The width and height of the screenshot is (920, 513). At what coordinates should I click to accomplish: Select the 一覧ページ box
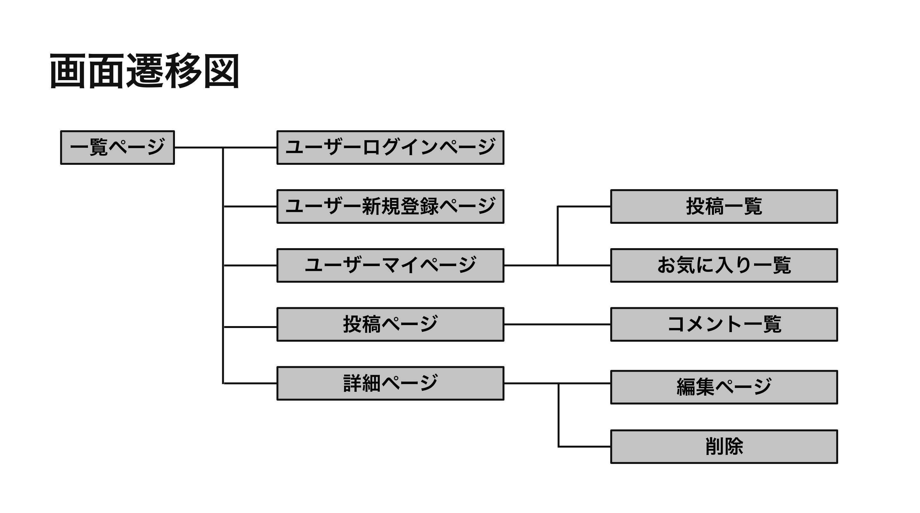(x=117, y=147)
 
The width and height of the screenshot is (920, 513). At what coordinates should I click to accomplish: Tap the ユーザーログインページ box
(x=390, y=147)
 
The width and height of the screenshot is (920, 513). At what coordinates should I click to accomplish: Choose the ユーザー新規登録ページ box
(x=390, y=206)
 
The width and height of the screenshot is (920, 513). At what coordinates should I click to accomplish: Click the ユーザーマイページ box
(x=390, y=265)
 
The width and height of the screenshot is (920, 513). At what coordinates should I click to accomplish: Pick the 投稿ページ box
(x=390, y=324)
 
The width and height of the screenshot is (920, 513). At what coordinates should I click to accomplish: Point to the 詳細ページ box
(x=390, y=383)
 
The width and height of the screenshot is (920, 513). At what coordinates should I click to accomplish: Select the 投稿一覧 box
(x=724, y=206)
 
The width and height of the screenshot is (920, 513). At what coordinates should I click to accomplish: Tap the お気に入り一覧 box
(x=724, y=265)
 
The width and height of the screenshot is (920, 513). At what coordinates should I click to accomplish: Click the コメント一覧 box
(x=724, y=324)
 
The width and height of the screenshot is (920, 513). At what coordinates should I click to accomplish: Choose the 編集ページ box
(x=724, y=387)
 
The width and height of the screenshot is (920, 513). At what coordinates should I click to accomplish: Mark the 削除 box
(x=724, y=447)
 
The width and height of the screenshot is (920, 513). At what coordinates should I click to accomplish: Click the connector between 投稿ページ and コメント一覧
(x=557, y=324)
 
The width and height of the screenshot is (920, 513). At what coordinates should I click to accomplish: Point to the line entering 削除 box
(x=584, y=447)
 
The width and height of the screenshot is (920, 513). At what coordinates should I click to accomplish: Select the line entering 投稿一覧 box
(x=584, y=206)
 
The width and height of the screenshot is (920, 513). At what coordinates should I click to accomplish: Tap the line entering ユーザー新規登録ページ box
(x=250, y=206)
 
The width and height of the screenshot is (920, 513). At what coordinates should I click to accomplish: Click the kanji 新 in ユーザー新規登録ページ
(x=371, y=206)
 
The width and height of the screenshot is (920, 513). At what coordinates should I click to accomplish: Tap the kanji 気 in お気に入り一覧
(x=686, y=265)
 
